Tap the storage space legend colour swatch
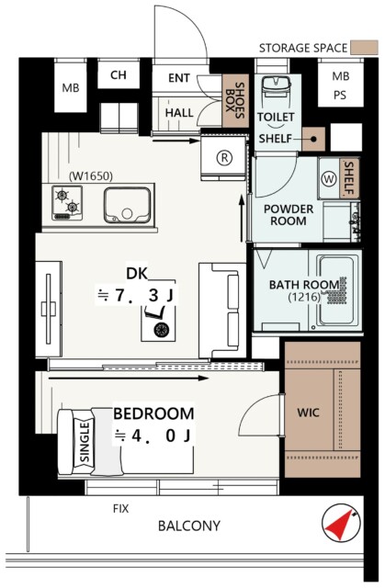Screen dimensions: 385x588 [364, 48]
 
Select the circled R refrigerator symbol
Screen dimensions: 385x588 [224, 157]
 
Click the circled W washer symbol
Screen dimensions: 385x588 [329, 179]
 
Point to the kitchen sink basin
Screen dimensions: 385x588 [127, 205]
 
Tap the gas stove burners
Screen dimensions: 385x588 [67, 202]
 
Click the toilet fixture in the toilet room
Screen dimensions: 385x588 [276, 91]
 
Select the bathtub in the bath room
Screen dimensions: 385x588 [335, 290]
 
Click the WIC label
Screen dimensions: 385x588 [308, 413]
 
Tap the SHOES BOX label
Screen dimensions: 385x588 [234, 100]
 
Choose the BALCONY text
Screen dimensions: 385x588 [189, 526]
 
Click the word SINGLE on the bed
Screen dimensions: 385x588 [85, 442]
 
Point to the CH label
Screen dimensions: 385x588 [119, 75]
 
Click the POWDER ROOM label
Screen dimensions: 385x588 [289, 215]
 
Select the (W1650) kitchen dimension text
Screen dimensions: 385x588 [91, 175]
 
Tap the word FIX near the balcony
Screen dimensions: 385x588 [120, 509]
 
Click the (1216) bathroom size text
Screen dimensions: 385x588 [304, 298]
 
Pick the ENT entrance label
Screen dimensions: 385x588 [179, 78]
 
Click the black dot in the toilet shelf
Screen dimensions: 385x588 [313, 139]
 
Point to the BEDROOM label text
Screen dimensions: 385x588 [153, 413]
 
